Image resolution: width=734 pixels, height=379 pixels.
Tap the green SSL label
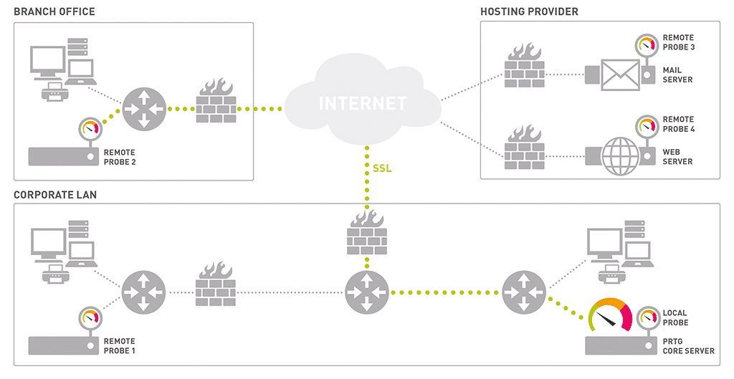382,169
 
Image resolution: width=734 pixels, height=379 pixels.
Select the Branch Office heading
54,12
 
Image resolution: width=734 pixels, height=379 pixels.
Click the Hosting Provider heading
529,12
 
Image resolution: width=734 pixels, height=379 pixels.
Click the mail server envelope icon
619,75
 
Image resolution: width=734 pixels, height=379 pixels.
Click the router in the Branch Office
143,109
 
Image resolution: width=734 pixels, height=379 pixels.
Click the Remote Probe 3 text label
679,42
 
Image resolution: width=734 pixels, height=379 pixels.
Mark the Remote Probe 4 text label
679,125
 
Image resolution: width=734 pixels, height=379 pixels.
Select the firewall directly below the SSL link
366,233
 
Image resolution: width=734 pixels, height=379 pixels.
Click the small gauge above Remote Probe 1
90,317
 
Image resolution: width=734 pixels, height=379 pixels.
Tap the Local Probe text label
675,318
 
